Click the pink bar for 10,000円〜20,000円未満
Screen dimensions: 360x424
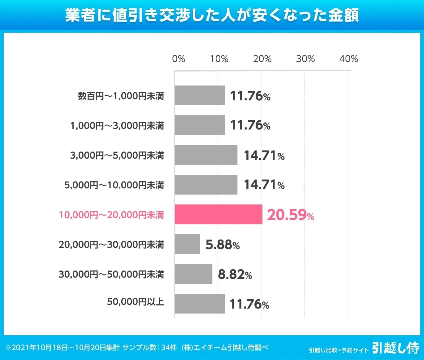pos(218,214)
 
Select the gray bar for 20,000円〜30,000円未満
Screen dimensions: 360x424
pos(187,244)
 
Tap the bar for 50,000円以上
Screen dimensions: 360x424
pos(200,304)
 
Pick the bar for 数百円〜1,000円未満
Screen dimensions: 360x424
pos(200,95)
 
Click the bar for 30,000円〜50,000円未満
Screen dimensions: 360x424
pos(193,274)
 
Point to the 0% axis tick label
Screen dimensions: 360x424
pos(179,59)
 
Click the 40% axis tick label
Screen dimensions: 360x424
pos(348,59)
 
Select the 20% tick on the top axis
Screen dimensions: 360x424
pos(262,59)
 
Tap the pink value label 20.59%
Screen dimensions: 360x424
pos(290,215)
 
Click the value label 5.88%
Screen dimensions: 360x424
pos(223,245)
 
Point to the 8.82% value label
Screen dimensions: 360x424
pos(235,274)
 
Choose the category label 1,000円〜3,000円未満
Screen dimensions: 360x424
pos(117,125)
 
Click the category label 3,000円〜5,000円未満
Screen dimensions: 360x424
pos(117,155)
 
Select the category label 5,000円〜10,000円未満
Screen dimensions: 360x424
pos(114,185)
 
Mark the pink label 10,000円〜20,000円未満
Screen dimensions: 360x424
pos(111,215)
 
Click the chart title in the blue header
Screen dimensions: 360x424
pos(212,15)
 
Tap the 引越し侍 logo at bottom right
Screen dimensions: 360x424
pos(396,348)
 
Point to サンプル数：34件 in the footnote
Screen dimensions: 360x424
pos(149,348)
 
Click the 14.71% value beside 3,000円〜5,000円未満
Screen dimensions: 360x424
pos(264,156)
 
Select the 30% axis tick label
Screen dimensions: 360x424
pos(305,59)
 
